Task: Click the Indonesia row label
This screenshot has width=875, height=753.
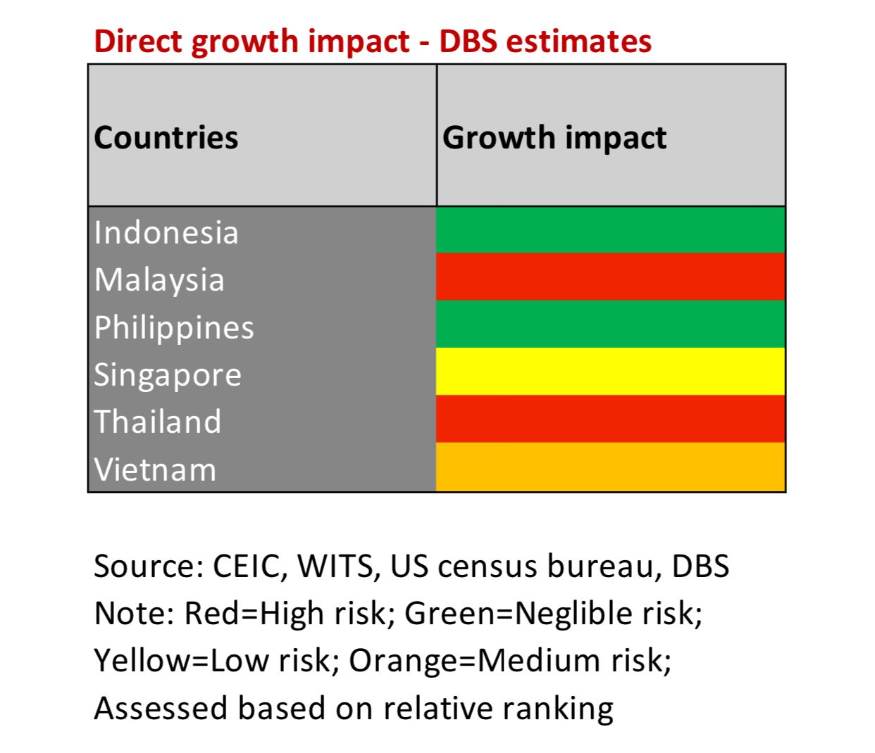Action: tap(166, 232)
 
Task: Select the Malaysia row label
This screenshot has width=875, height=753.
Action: tap(159, 279)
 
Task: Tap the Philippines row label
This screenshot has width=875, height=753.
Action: tap(174, 327)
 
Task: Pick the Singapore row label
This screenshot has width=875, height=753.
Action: tap(168, 374)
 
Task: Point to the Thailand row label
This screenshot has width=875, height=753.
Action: tap(158, 422)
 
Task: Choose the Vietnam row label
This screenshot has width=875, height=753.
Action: tap(155, 469)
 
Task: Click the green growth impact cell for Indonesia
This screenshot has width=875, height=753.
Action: tap(610, 230)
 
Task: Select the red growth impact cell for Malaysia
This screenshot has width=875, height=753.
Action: tap(610, 277)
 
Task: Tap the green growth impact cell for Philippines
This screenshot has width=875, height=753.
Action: tap(610, 324)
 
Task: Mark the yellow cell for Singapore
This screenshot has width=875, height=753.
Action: tap(610, 371)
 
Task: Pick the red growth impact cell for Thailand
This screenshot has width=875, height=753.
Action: tap(610, 419)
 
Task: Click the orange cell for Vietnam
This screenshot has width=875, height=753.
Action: tap(610, 466)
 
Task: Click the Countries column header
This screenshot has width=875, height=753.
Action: tap(166, 137)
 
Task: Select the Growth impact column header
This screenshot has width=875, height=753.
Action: tap(554, 137)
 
